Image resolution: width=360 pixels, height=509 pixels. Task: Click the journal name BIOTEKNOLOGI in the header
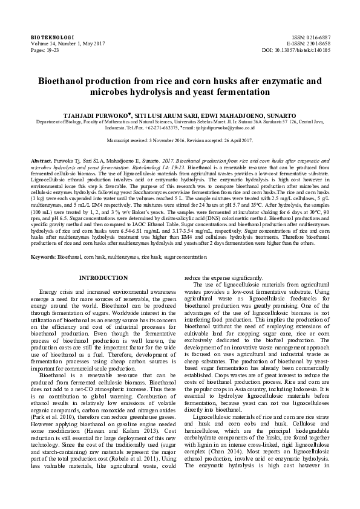[x=48, y=37]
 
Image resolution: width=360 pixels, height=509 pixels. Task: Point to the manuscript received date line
[x=180, y=140]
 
